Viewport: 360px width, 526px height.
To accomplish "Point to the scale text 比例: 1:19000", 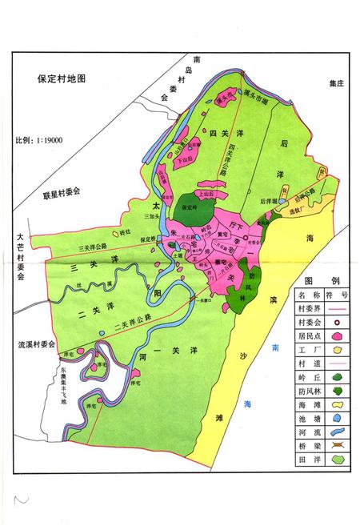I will click(39, 140).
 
